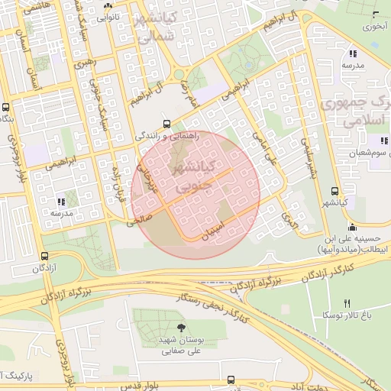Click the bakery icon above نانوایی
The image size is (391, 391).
[106, 5]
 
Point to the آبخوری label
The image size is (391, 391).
[376, 27]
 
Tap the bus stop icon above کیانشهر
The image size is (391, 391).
[334, 191]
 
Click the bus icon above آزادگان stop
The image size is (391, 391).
[45, 257]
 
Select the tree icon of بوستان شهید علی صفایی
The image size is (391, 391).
[181, 328]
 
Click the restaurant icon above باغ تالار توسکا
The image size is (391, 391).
[347, 303]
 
